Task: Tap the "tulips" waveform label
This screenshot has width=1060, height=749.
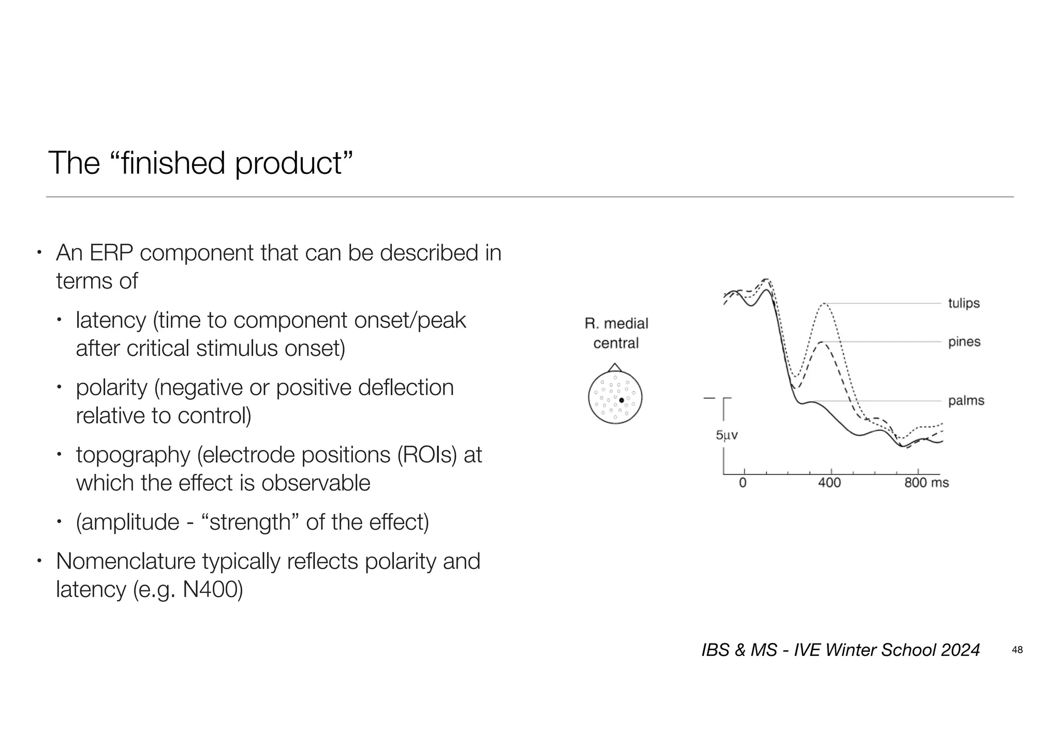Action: (964, 303)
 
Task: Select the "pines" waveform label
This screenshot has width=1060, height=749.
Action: (964, 342)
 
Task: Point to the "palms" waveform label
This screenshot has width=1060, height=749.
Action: (966, 401)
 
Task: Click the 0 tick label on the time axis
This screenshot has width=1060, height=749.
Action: (743, 483)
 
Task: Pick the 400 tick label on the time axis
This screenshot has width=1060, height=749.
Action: (829, 483)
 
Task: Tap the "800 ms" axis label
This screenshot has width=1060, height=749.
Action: (926, 483)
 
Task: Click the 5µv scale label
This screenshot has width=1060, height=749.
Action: (726, 436)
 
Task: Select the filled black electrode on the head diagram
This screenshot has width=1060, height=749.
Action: (622, 400)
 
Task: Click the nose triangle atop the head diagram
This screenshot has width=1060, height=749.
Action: (614, 368)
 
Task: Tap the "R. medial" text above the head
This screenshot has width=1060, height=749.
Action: (616, 324)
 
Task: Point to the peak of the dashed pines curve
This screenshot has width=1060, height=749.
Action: (821, 342)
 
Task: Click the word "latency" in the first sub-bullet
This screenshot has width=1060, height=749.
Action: (111, 321)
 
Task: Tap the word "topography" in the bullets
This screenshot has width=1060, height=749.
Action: (133, 455)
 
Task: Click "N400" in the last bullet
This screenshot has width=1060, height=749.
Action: (212, 590)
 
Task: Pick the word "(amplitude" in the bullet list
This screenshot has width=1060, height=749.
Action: (127, 522)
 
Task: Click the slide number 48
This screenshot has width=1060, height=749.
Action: (1017, 650)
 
